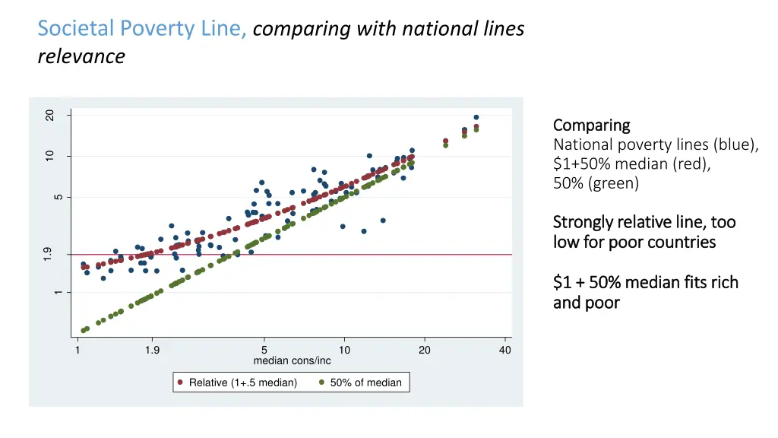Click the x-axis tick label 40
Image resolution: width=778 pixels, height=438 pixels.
505,350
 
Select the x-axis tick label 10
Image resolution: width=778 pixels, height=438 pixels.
344,350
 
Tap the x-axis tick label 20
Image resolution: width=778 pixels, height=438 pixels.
425,350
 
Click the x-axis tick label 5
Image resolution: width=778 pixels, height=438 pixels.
264,350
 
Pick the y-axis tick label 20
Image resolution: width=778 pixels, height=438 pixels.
49,115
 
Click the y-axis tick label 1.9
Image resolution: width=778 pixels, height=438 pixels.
48,254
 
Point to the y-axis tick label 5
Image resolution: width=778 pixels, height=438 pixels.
58,198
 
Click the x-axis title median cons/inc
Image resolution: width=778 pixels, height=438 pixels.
292,360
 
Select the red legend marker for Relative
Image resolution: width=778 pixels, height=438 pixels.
179,382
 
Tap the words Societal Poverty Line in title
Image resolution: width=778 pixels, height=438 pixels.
142,29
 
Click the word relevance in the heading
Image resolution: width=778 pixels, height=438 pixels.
81,56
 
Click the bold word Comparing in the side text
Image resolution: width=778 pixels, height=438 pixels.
592,125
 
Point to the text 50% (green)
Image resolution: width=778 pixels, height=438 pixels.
596,183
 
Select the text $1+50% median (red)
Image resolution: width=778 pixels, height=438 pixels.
631,163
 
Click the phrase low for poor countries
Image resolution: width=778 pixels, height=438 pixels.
634,242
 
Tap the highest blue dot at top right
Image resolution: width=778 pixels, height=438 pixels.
476,117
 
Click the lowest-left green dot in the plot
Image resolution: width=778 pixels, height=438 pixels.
84,331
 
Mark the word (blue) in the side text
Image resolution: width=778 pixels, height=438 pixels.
736,144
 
